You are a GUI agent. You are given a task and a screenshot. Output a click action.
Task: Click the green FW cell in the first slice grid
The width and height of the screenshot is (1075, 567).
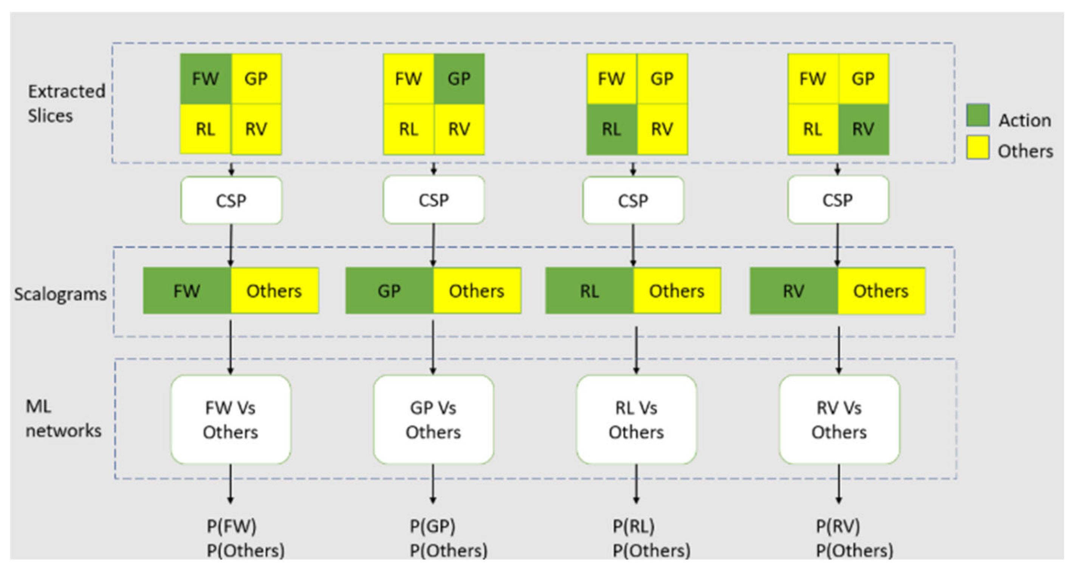[x=205, y=79]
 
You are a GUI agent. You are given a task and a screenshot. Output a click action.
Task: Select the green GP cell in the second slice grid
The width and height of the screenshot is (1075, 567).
[x=459, y=79]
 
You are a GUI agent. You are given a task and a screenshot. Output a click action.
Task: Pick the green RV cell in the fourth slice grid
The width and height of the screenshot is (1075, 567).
[x=863, y=129]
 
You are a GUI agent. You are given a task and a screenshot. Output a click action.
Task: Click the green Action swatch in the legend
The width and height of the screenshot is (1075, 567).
[x=978, y=115]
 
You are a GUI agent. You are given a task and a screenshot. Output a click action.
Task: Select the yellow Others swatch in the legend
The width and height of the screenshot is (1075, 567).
[x=978, y=147]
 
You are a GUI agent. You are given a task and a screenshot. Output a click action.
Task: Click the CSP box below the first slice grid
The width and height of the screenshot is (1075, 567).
[x=231, y=201]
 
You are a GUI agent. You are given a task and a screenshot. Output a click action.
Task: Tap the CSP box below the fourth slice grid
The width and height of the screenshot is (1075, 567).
[x=838, y=200]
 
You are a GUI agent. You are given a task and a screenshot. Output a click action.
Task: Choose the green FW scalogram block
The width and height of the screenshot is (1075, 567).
[x=187, y=291]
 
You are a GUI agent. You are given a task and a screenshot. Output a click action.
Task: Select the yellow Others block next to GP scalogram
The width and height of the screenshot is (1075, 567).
[x=477, y=291]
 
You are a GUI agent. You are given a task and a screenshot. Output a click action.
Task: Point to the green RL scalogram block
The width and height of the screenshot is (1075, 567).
[x=589, y=291]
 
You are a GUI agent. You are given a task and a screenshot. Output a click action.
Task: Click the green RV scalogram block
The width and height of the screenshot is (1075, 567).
[x=793, y=291]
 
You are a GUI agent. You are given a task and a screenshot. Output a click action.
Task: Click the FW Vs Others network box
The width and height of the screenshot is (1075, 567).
[x=231, y=420]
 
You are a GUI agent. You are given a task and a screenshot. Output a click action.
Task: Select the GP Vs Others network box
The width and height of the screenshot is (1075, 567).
[x=433, y=420]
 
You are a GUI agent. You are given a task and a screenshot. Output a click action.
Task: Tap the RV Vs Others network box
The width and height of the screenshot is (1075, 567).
[x=839, y=420]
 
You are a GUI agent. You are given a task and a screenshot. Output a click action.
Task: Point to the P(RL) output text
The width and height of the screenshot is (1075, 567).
[x=633, y=526]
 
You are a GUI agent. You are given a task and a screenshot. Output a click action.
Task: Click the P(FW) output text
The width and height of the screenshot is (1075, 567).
[x=231, y=526]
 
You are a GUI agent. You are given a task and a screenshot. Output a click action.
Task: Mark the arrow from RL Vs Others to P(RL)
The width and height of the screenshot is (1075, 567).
[x=636, y=484]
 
